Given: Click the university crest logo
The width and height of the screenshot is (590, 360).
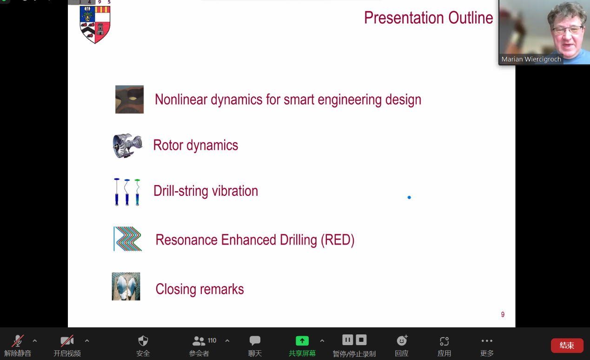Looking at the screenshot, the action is point(95,25).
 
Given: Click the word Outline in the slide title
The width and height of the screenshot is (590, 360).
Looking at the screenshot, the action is point(471,18).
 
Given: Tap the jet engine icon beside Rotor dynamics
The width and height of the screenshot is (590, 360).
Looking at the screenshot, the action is point(127,146).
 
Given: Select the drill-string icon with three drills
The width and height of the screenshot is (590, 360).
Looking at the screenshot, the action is point(127,192).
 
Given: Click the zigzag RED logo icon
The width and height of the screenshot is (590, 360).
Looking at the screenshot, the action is point(127,239).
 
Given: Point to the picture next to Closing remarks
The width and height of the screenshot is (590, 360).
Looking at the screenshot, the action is point(126,286).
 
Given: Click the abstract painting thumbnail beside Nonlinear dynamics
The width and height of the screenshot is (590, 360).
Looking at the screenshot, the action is point(129,100).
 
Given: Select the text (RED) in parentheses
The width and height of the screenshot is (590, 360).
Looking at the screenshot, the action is point(338,240).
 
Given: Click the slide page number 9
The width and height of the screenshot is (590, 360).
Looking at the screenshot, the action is point(503,314).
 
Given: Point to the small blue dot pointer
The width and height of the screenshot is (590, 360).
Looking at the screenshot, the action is point(409,197).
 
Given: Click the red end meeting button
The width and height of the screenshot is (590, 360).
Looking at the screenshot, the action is point(567,345).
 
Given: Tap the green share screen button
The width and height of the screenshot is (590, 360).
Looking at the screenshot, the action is point(302,341).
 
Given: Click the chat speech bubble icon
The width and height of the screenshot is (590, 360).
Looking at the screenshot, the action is point(255,340).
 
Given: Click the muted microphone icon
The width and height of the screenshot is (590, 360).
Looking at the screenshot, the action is point(18,341).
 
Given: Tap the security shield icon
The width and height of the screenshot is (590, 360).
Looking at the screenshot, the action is point(143,341).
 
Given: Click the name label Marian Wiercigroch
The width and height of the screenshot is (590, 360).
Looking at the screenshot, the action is point(531,59).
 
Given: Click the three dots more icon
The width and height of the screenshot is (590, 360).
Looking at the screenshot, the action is point(486,341).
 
